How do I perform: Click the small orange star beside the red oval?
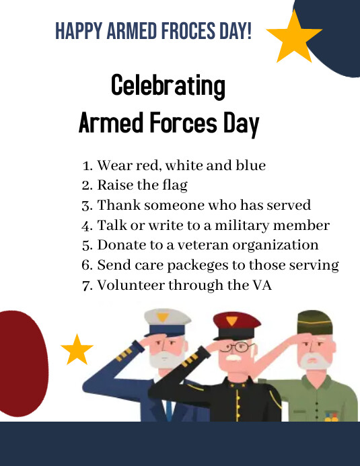pyautogui.click(x=77, y=349)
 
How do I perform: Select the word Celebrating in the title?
pyautogui.click(x=168, y=86)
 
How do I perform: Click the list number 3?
pyautogui.click(x=86, y=205)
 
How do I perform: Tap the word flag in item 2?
pyautogui.click(x=172, y=185)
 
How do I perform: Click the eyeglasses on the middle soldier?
pyautogui.click(x=236, y=347)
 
